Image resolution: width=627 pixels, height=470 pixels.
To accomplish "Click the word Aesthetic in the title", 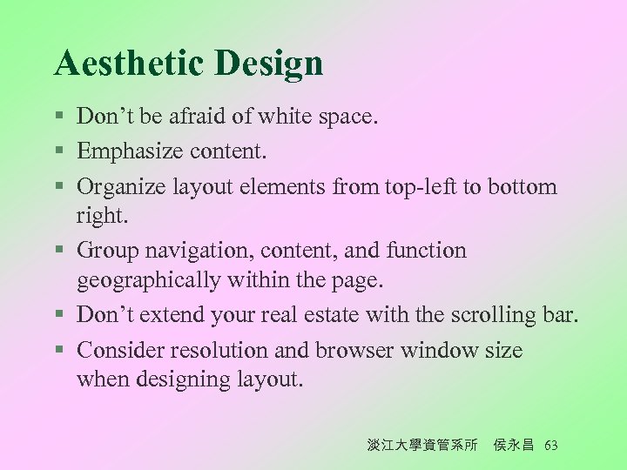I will pos(130,64).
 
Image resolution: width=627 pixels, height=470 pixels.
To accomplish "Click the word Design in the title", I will pos(269,64).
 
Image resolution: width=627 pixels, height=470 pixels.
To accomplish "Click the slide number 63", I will pos(550,446).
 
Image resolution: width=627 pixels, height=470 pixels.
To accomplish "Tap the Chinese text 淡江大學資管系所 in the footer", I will pos(423,446).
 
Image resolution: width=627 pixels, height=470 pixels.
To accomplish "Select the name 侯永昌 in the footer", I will pos(515,446).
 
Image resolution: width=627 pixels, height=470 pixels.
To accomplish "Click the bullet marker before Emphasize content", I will pos(58,153).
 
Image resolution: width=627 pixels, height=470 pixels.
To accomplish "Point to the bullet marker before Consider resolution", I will pos(58,352).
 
